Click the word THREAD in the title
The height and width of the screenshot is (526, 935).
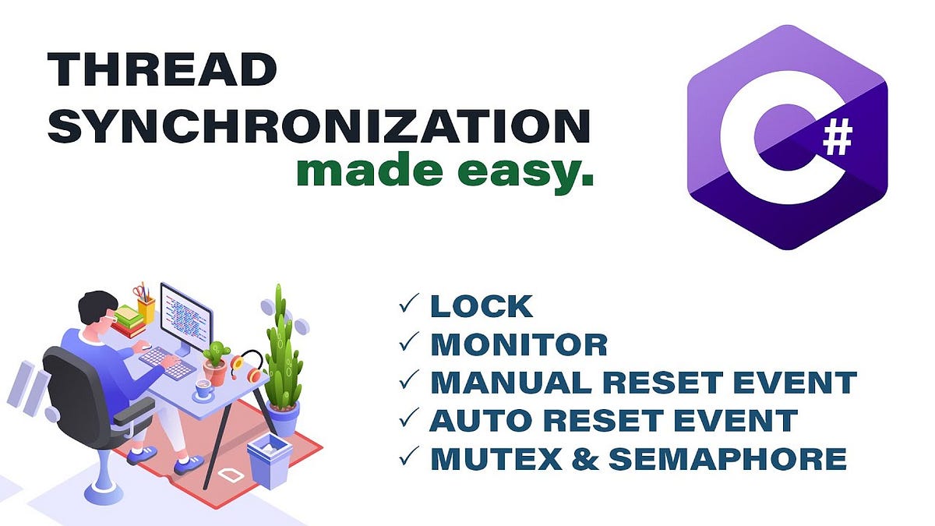(162, 70)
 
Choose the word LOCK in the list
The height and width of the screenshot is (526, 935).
(482, 306)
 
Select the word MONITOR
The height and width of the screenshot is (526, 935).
(518, 344)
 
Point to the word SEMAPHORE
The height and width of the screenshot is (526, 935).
(726, 458)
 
